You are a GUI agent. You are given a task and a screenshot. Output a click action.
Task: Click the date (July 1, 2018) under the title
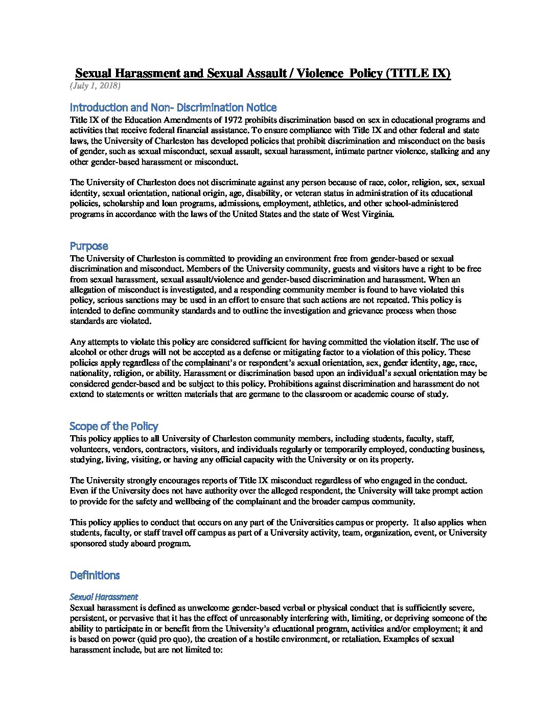pos(95,86)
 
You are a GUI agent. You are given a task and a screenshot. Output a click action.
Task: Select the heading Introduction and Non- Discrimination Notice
pos(173,107)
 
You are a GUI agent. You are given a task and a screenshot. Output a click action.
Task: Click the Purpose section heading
pos(89,246)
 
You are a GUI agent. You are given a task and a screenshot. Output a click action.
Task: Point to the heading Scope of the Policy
pos(114,426)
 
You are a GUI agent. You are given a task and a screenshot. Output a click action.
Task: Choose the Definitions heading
pos(95,575)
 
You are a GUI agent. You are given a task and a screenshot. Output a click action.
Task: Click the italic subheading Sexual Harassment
pos(104,597)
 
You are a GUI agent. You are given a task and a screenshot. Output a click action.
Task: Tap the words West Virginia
pos(369,214)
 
